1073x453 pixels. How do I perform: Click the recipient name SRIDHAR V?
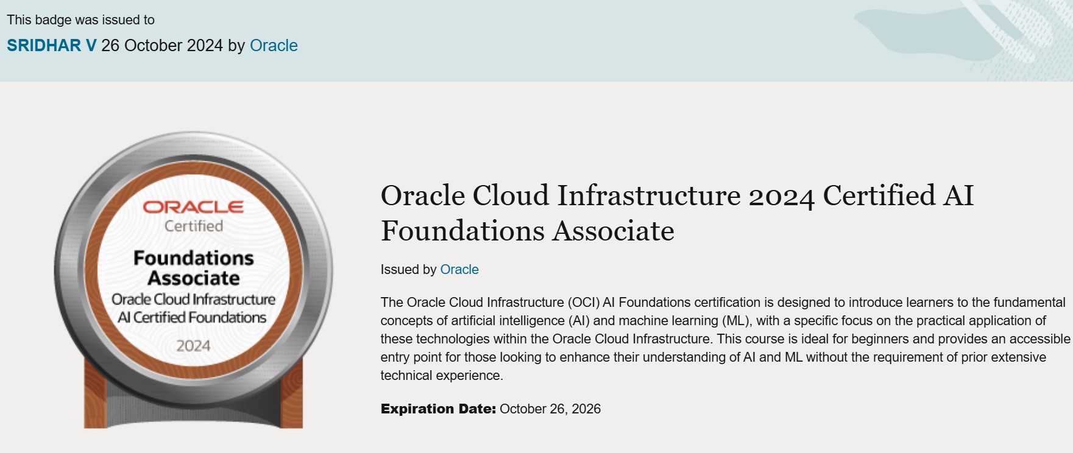[x=51, y=46]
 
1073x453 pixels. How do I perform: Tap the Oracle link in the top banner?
[x=274, y=46]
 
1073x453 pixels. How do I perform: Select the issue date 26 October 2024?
[x=162, y=46]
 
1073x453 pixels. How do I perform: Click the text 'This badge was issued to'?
[x=80, y=20]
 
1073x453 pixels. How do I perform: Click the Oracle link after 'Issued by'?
[x=459, y=270]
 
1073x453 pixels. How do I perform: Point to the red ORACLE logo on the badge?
[x=193, y=207]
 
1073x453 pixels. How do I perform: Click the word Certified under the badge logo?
[x=194, y=226]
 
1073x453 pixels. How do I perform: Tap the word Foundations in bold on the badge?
[x=194, y=258]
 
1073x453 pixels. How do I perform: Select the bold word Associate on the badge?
[x=194, y=278]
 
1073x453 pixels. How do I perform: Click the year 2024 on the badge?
[x=193, y=346]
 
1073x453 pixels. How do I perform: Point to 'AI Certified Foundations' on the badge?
[x=192, y=317]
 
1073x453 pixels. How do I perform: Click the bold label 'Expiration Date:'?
[x=438, y=409]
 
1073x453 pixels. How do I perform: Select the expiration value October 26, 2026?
[x=550, y=409]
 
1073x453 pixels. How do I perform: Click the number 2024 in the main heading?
[x=781, y=197]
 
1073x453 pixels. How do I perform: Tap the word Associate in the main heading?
[x=614, y=231]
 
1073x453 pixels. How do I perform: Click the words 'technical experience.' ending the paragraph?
[x=442, y=376]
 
